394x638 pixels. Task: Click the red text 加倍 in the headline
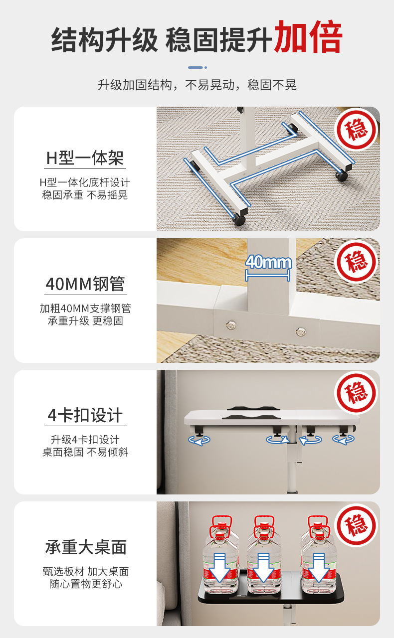[x=308, y=37]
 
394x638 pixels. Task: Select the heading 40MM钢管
[x=85, y=284]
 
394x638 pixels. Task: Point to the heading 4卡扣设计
[x=85, y=415]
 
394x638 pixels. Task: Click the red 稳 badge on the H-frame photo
[x=357, y=129]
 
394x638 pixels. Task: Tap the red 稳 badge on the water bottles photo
[x=356, y=524]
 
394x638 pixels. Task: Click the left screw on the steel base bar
[x=230, y=324]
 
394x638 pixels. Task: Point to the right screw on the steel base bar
[x=300, y=330]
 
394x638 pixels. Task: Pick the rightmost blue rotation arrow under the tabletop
[x=343, y=439]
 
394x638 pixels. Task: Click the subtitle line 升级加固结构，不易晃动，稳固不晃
[x=197, y=85]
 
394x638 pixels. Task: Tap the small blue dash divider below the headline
[x=197, y=67]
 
